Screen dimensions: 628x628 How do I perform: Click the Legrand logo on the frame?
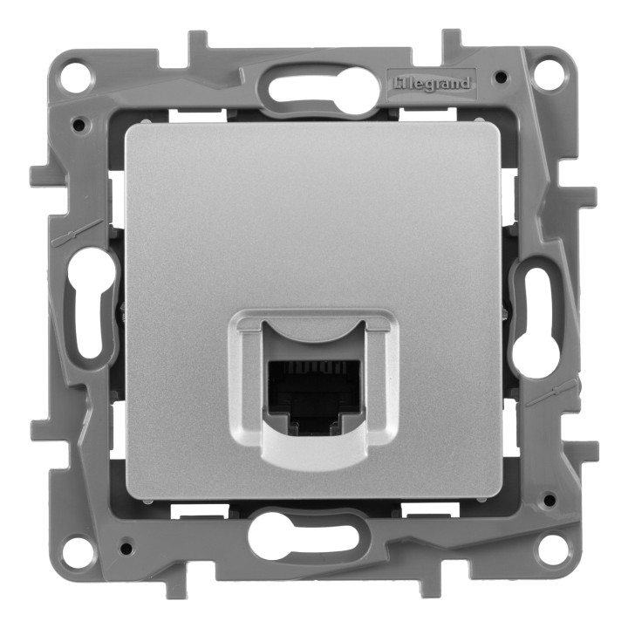432,84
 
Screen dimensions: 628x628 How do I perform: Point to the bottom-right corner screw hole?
549,549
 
